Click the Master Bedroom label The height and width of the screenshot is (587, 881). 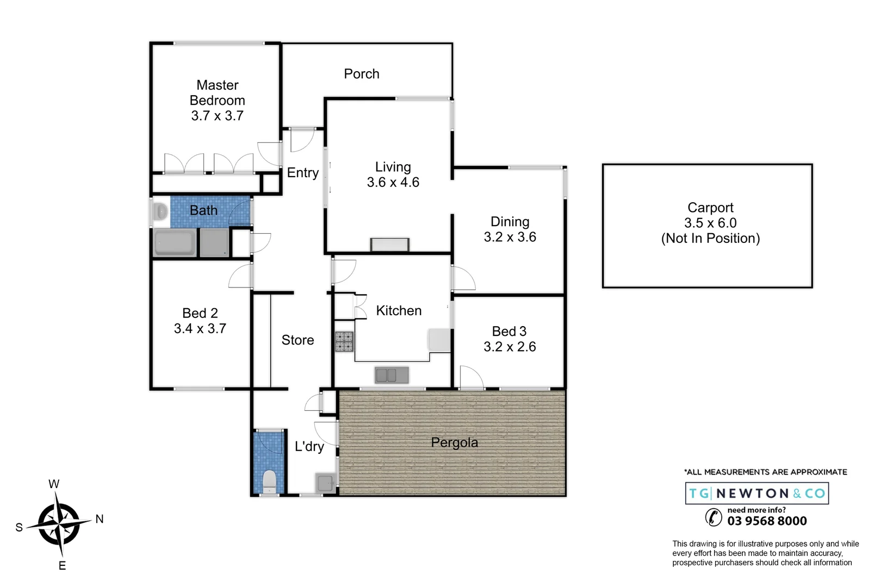217,93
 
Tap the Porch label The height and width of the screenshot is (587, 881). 361,74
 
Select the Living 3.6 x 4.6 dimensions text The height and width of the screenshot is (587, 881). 393,183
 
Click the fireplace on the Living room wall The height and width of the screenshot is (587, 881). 389,245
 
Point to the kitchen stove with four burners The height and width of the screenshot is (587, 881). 344,341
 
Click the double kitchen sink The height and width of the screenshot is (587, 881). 392,374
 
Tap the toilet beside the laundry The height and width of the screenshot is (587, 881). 269,481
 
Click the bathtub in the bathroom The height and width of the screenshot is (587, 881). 175,242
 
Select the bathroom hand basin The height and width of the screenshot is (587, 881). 160,211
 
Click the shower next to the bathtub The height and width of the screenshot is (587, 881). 214,242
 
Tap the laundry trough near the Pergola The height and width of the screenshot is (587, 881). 326,482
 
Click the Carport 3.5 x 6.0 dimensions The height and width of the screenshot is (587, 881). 710,223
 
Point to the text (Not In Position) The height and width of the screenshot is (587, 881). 710,238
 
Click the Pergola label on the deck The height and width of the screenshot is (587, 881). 454,442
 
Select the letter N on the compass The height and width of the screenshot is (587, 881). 100,519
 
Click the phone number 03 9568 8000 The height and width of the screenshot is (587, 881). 767,521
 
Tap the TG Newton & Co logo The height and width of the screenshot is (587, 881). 756,494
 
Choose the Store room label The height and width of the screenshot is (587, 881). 297,340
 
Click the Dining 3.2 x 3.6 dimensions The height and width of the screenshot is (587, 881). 510,237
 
